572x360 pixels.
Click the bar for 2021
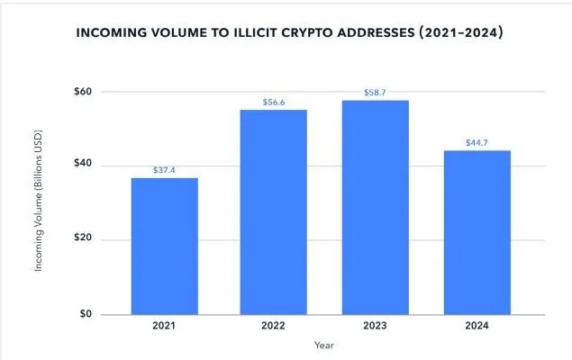coord(164,246)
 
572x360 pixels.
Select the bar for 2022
coord(274,211)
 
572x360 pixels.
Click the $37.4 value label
coord(164,169)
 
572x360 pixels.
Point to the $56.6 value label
coord(274,102)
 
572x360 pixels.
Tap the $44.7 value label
coord(477,142)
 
